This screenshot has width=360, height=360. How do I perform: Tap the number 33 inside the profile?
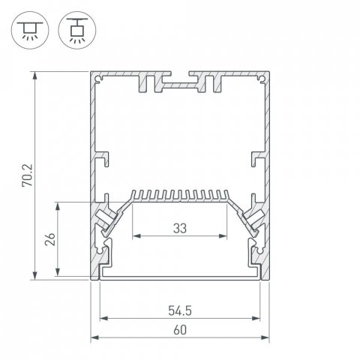point(179,227)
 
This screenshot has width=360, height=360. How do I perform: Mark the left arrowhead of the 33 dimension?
point(136,236)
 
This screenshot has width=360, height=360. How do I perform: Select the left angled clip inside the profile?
point(106,219)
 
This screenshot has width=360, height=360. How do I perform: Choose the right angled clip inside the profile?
point(253,219)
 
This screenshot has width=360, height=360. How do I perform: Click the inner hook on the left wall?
point(103,158)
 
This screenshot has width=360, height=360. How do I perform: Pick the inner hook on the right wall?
point(256,158)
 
